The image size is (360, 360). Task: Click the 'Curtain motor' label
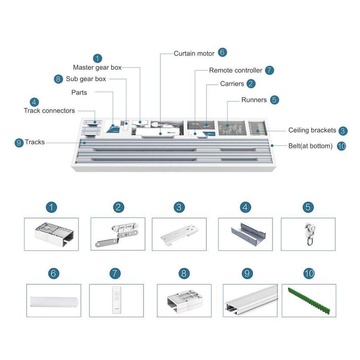click(193, 53)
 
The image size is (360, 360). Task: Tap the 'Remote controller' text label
click(236, 70)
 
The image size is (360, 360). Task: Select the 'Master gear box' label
click(98, 67)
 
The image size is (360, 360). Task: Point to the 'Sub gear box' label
click(86, 79)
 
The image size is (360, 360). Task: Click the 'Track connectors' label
click(49, 111)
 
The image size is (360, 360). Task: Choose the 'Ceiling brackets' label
click(312, 131)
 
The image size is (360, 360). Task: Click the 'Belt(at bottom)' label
click(310, 146)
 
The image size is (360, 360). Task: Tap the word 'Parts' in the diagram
click(79, 93)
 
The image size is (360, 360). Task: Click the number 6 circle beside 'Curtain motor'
click(222, 52)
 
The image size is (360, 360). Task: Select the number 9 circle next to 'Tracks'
click(19, 142)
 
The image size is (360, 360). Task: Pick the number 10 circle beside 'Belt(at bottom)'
click(341, 146)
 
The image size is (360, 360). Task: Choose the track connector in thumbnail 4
click(245, 234)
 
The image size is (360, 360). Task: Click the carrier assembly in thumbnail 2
click(118, 234)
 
